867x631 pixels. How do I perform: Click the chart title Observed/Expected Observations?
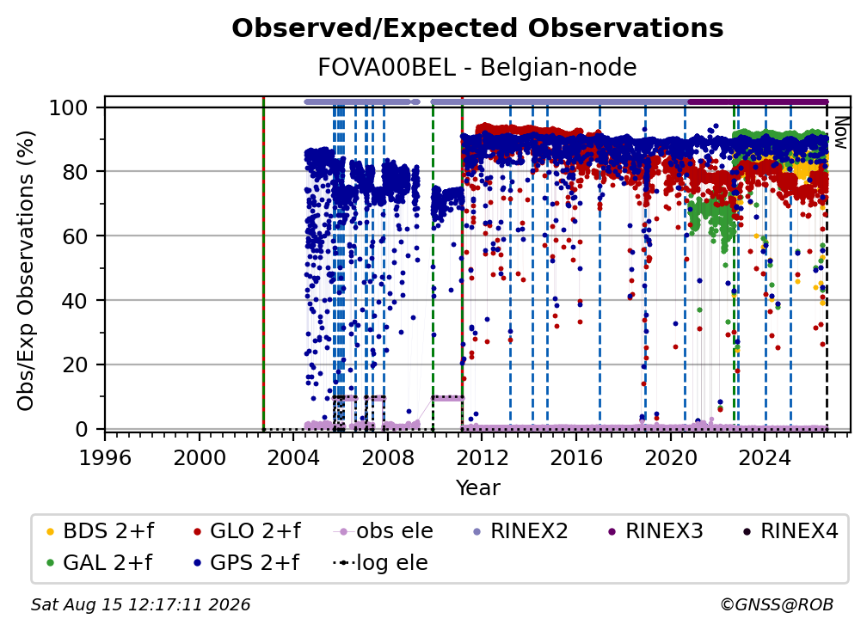pyautogui.click(x=477, y=28)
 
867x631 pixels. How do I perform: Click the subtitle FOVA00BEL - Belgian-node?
pyautogui.click(x=477, y=67)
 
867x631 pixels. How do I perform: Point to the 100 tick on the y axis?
pyautogui.click(x=69, y=107)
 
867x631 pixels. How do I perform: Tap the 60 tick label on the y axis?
pyautogui.click(x=75, y=236)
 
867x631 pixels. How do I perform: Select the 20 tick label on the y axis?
pyautogui.click(x=75, y=365)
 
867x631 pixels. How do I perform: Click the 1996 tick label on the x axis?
pyautogui.click(x=105, y=457)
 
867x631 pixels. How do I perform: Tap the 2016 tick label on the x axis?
pyautogui.click(x=576, y=457)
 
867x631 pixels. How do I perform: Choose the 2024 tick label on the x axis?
pyautogui.click(x=765, y=457)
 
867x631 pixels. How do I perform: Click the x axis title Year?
pyautogui.click(x=477, y=488)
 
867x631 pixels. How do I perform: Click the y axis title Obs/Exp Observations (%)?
pyautogui.click(x=26, y=270)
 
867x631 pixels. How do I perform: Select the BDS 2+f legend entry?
pyautogui.click(x=100, y=531)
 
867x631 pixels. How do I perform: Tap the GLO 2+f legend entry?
pyautogui.click(x=247, y=531)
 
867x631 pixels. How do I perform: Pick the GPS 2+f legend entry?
pyautogui.click(x=245, y=562)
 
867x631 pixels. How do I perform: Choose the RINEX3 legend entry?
pyautogui.click(x=655, y=531)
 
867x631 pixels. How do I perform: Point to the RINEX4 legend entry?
pyautogui.click(x=790, y=531)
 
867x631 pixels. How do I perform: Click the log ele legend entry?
pyautogui.click(x=380, y=562)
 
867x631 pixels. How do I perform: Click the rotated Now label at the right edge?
pyautogui.click(x=840, y=132)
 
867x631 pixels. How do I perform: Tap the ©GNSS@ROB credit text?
pyautogui.click(x=777, y=604)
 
